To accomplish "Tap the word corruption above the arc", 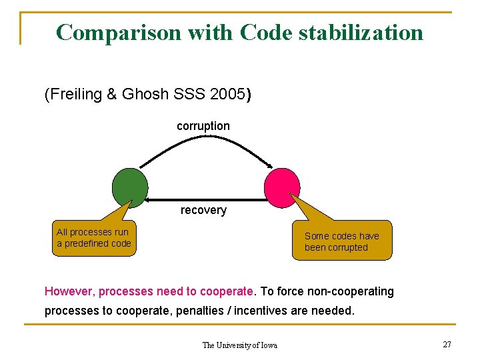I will click(x=203, y=126).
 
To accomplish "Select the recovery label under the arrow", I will click(x=203, y=210).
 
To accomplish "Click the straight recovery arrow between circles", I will click(x=203, y=199).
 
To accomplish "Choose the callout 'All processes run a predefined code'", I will click(x=93, y=238).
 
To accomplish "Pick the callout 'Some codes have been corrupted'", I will click(x=341, y=242).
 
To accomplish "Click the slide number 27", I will click(x=447, y=344).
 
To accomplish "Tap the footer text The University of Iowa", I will click(x=239, y=345).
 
